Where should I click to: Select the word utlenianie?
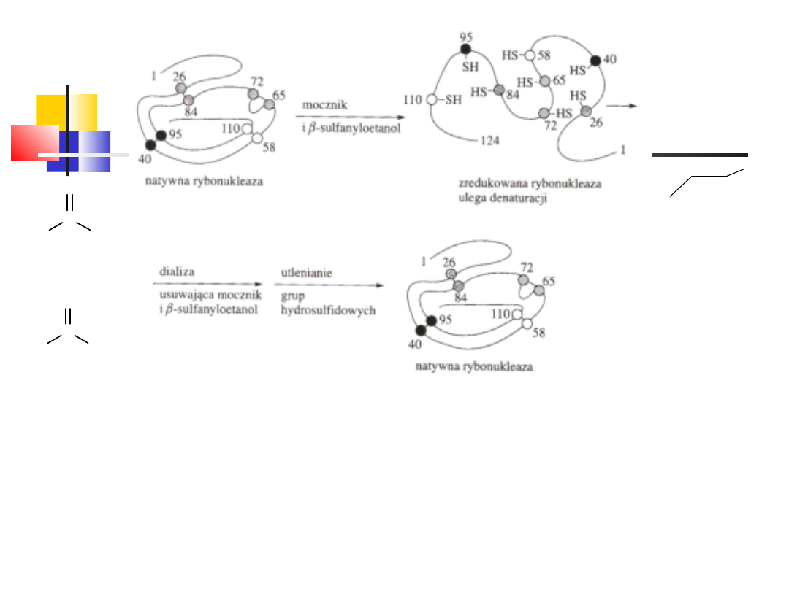[307, 272]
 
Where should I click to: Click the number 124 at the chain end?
[489, 140]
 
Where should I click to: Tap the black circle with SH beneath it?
[465, 49]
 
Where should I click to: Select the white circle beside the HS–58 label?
[530, 54]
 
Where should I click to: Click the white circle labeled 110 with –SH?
[432, 100]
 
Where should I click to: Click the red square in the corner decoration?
[34, 142]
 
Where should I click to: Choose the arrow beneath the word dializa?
[207, 284]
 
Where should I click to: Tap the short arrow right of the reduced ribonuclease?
[622, 106]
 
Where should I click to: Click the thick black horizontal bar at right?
[699, 155]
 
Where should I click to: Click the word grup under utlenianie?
[293, 298]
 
